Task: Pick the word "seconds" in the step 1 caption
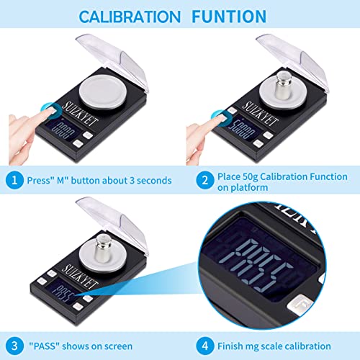point(151,180)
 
